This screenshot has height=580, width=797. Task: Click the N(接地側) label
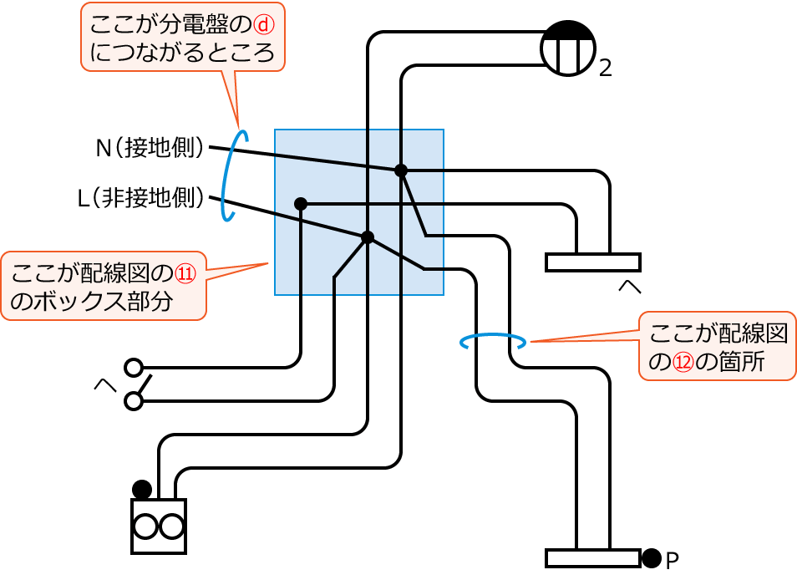150,149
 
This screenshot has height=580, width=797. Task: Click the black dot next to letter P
652,557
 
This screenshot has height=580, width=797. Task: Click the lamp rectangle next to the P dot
592,557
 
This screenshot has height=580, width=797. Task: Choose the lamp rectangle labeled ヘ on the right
592,262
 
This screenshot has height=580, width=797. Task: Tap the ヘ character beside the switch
104,385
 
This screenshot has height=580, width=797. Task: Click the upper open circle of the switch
133,367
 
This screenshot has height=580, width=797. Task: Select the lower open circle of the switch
133,402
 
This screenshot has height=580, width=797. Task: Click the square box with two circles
159,527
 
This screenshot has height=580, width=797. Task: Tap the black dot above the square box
142,488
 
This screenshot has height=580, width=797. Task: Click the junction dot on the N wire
401,170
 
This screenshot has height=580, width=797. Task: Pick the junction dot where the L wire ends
368,237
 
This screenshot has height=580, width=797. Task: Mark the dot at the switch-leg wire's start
301,203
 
